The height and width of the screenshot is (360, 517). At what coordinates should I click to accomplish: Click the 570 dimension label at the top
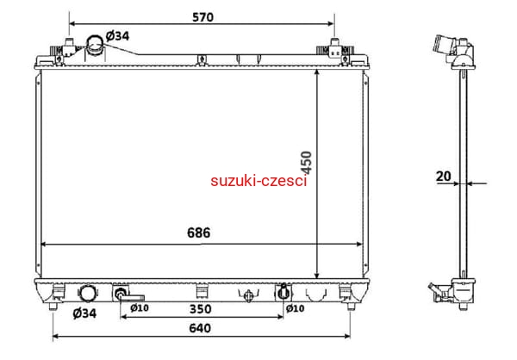pyautogui.click(x=202, y=17)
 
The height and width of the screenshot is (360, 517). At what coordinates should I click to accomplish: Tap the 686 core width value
pyautogui.click(x=198, y=233)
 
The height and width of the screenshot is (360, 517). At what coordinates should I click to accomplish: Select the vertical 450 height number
pyautogui.click(x=307, y=162)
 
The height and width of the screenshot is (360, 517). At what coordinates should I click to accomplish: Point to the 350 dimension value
pyautogui.click(x=201, y=309)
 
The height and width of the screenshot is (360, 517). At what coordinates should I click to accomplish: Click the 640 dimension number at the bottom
pyautogui.click(x=200, y=328)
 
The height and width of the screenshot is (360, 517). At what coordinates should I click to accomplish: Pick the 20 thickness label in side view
pyautogui.click(x=444, y=177)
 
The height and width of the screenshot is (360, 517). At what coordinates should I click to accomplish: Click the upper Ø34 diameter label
pyautogui.click(x=118, y=35)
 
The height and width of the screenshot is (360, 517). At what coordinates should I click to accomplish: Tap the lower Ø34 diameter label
pyautogui.click(x=84, y=313)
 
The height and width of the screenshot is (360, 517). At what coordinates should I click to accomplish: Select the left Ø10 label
pyautogui.click(x=140, y=308)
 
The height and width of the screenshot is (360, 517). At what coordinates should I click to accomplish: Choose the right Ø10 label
pyautogui.click(x=295, y=308)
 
